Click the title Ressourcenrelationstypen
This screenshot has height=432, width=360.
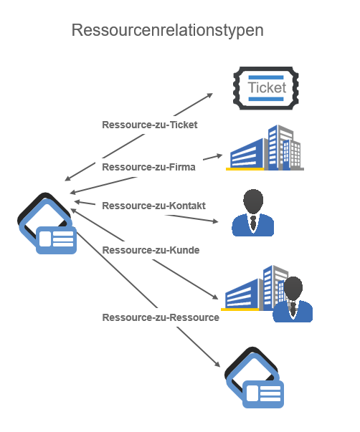[167, 30]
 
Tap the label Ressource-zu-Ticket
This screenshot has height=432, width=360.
[149, 125]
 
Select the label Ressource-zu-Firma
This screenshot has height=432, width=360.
[148, 167]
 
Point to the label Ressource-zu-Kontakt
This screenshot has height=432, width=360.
[153, 206]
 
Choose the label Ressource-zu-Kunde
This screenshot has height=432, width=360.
[151, 250]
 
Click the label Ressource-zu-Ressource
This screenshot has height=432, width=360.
[161, 317]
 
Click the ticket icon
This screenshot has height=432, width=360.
[266, 88]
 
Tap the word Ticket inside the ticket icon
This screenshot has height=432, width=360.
[267, 87]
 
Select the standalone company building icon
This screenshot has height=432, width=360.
[265, 148]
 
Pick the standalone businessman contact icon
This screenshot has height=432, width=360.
[253, 213]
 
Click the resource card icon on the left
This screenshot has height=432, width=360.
[47, 223]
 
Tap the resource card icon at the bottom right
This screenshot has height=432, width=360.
[255, 378]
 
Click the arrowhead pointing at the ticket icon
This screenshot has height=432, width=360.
[209, 95]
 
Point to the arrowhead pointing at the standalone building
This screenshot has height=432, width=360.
[219, 156]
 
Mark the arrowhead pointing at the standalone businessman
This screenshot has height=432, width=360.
[215, 221]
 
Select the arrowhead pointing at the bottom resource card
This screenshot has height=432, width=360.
[217, 364]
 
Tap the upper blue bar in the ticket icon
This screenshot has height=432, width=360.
[266, 77]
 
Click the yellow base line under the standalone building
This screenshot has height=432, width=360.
[245, 169]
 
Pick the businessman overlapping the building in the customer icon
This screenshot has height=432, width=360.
[293, 299]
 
